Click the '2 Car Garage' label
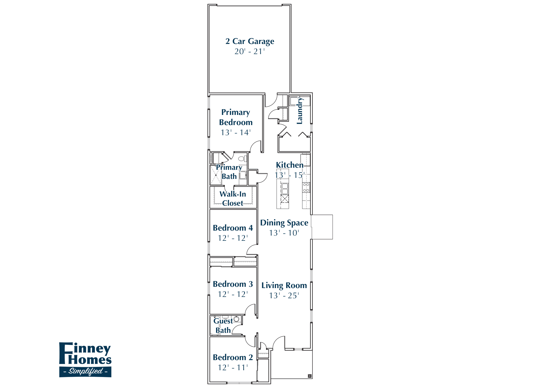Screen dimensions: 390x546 coord(250,41)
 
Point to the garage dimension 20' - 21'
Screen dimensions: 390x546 coord(250,51)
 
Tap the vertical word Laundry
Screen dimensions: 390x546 coord(300,110)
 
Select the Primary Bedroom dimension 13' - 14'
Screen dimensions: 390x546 coord(236,133)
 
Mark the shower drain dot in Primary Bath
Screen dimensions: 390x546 coord(216,175)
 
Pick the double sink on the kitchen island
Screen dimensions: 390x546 coord(285,188)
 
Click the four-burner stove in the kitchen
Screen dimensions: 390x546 coord(306,187)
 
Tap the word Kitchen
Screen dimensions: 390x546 coord(289,165)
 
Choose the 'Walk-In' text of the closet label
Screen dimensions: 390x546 coord(233,194)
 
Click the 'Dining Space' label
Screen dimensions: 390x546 coord(284,223)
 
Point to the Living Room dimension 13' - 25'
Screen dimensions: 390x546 coord(284,296)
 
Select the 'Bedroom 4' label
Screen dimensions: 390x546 coord(233,228)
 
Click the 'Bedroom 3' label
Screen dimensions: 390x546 coord(233,284)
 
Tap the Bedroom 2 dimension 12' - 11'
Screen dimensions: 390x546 coord(233,368)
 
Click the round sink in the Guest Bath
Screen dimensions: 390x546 coord(236,319)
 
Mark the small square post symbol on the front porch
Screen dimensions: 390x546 coord(309,376)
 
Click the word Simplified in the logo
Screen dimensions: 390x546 coord(86,371)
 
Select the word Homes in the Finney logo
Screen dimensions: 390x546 coord(90,360)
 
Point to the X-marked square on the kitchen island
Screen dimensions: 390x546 coord(285,199)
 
